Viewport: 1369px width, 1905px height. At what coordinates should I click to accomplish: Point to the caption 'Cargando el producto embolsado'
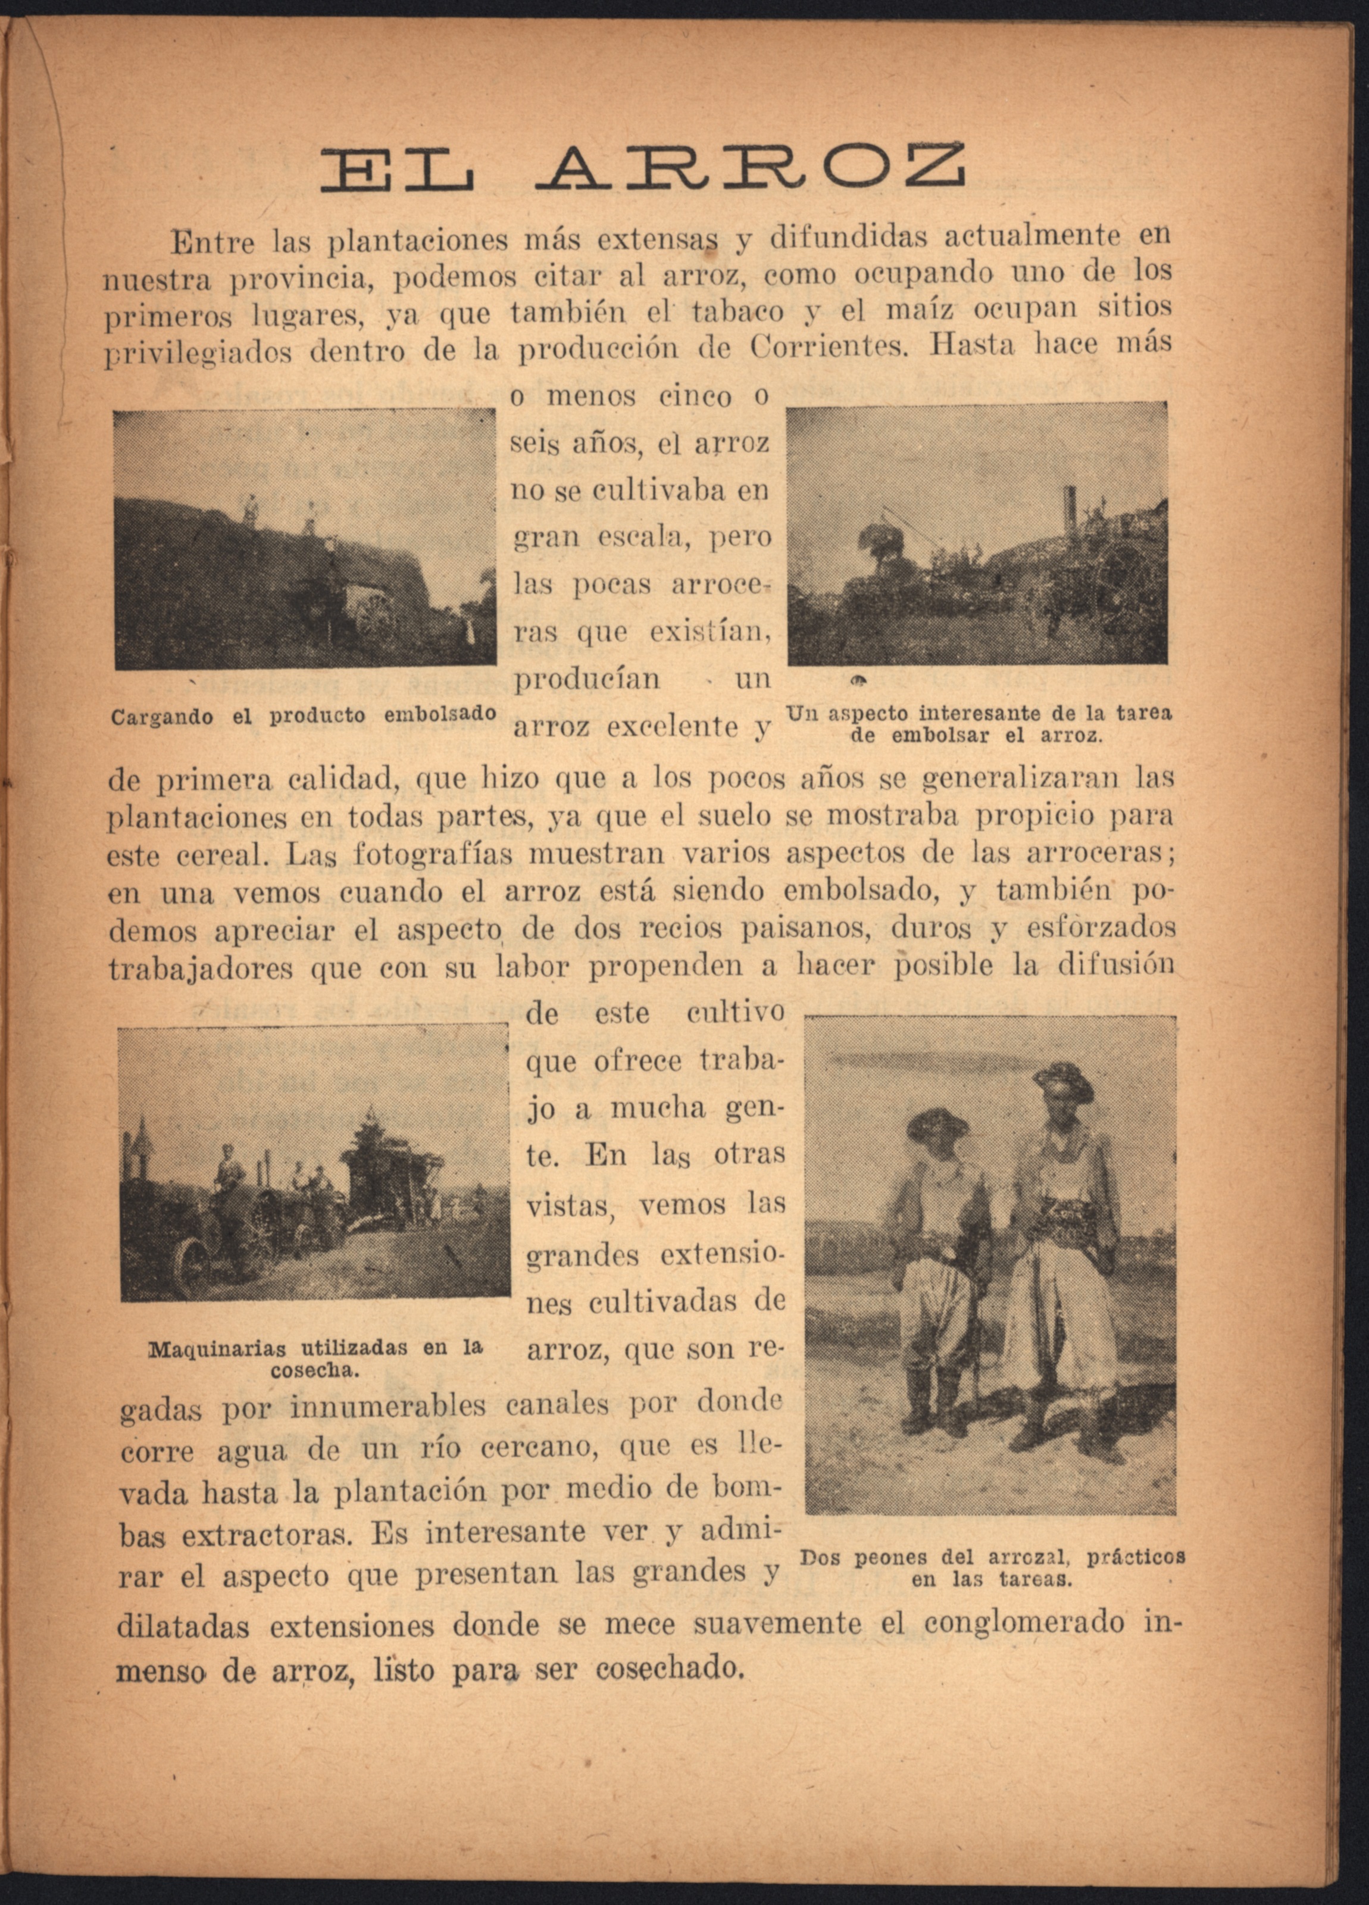(x=303, y=716)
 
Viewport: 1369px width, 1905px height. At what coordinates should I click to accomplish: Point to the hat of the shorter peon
(x=936, y=1122)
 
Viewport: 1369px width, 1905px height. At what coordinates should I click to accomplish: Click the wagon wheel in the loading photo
(x=379, y=618)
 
